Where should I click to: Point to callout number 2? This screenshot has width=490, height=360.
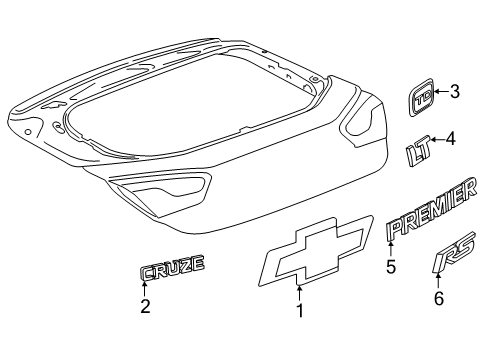[x=145, y=307]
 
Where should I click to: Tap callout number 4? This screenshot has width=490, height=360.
[x=450, y=139]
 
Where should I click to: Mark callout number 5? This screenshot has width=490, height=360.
[x=391, y=267]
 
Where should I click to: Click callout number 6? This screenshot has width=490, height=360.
[x=439, y=298]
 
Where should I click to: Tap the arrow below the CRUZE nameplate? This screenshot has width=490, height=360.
[x=145, y=289]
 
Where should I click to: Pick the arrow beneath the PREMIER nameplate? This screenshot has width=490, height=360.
[x=391, y=249]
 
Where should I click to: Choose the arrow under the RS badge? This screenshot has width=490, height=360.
[x=438, y=281]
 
